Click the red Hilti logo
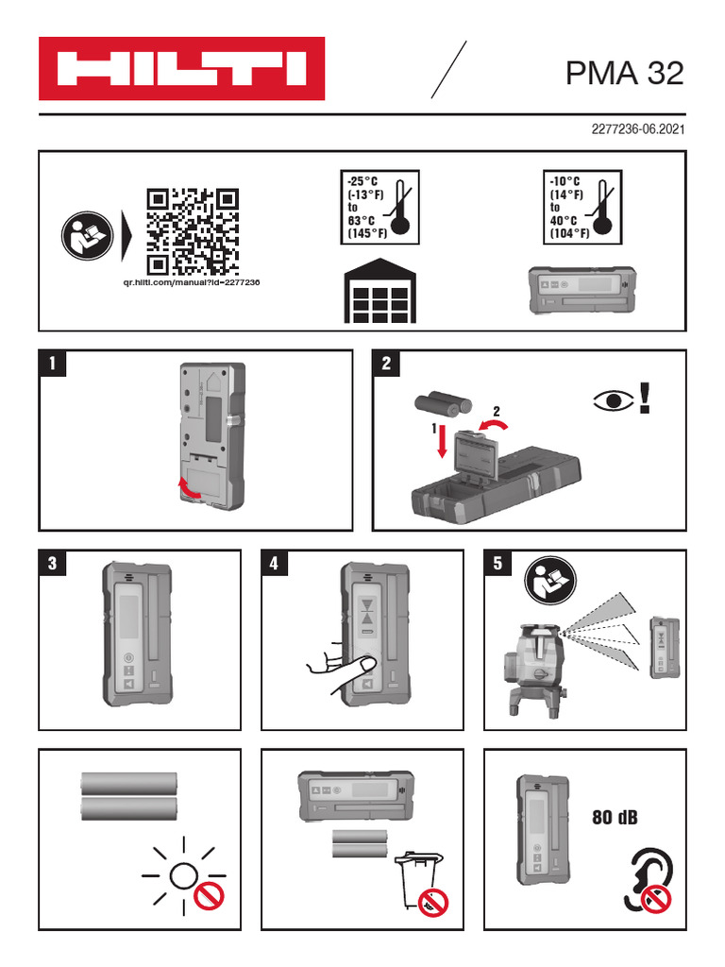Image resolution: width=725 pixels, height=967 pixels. pyautogui.click(x=182, y=68)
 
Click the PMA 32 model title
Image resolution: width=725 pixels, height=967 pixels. pyautogui.click(x=625, y=73)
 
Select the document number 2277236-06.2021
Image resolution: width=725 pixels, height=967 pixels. pyautogui.click(x=638, y=128)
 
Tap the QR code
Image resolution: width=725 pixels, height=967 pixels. pyautogui.click(x=193, y=231)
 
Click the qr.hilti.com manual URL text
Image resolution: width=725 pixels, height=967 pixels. pyautogui.click(x=191, y=282)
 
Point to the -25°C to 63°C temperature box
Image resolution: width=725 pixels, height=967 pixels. pyautogui.click(x=379, y=207)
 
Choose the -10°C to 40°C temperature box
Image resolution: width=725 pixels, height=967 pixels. pyautogui.click(x=582, y=207)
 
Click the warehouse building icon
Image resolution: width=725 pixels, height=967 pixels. pyautogui.click(x=379, y=291)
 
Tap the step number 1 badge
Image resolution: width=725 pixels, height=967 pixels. pyautogui.click(x=53, y=364)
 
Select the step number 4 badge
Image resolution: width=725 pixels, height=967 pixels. pyautogui.click(x=275, y=563)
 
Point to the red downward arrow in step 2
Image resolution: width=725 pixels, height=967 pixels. pyautogui.click(x=442, y=443)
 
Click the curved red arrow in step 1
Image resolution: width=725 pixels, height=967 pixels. pyautogui.click(x=189, y=488)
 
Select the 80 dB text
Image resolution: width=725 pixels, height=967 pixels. pyautogui.click(x=615, y=818)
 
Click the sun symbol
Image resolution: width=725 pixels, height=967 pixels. pyautogui.click(x=184, y=875)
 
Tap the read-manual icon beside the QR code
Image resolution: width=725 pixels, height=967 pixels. pyautogui.click(x=88, y=235)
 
